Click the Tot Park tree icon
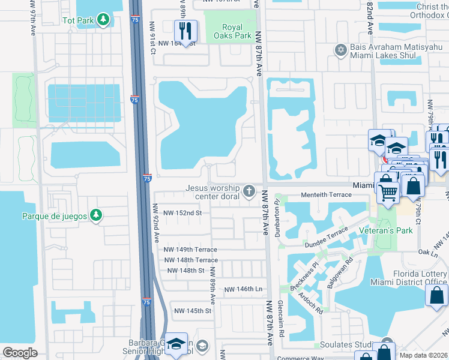click(x=104, y=20)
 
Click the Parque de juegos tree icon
click(x=95, y=215)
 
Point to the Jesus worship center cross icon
click(x=249, y=192)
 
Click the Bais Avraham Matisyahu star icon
click(x=341, y=50)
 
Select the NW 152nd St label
click(x=182, y=213)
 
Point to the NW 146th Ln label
click(x=244, y=289)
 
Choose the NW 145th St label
click(x=193, y=311)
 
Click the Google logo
click(x=20, y=353)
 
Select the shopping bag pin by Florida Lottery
click(x=436, y=295)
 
